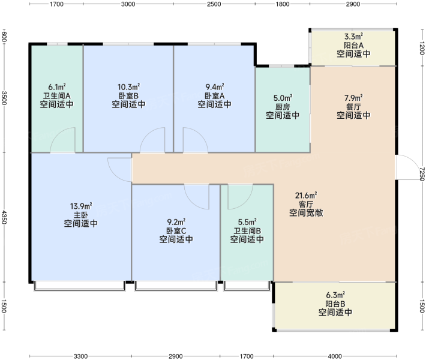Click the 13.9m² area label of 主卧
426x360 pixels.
click(x=81, y=206)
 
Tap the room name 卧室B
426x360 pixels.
click(x=128, y=95)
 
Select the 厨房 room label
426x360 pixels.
click(x=283, y=107)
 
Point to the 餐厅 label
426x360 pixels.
click(x=353, y=107)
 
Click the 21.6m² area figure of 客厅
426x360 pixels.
click(x=306, y=196)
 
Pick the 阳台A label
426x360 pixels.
click(x=353, y=45)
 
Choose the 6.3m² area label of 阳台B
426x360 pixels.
click(x=335, y=295)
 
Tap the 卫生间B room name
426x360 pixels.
click(x=247, y=231)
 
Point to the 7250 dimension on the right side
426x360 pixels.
click(x=422, y=174)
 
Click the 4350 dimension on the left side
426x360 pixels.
click(x=4, y=217)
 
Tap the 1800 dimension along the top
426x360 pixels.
click(x=283, y=4)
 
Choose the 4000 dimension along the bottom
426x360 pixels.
click(x=335, y=356)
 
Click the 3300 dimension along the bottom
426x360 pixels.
click(x=80, y=356)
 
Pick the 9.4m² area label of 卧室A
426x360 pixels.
click(x=215, y=87)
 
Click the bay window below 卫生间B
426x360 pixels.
click(x=247, y=286)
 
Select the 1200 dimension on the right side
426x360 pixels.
click(x=422, y=48)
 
